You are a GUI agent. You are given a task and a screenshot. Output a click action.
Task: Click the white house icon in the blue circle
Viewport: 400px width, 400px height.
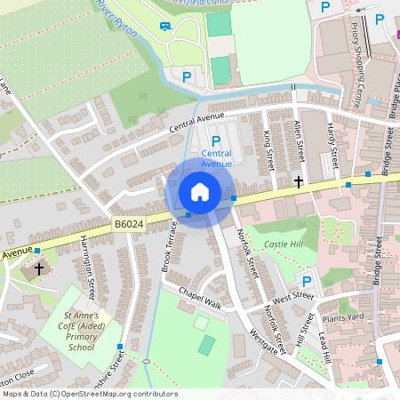pyautogui.click(x=200, y=192)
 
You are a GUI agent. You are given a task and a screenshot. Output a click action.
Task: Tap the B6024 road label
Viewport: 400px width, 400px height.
pyautogui.click(x=128, y=226)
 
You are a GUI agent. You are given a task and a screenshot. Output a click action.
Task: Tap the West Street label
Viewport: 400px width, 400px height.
pyautogui.click(x=292, y=298)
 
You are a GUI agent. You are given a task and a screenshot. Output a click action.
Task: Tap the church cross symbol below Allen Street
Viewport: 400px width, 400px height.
pyautogui.click(x=299, y=181)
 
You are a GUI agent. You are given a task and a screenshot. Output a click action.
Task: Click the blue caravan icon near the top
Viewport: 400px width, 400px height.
pyautogui.click(x=165, y=24)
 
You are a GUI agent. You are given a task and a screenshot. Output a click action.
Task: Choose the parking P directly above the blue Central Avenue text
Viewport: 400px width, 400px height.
pyautogui.click(x=216, y=140)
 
